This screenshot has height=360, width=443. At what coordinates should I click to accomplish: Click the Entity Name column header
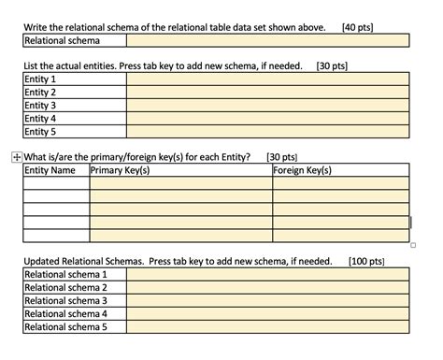click(x=50, y=170)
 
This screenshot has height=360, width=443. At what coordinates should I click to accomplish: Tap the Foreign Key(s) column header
click(x=303, y=170)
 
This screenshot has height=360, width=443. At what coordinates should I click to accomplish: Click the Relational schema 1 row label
click(x=64, y=275)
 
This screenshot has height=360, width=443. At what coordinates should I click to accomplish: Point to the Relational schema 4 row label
click(x=64, y=314)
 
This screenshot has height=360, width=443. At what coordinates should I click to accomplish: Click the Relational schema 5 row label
click(x=64, y=327)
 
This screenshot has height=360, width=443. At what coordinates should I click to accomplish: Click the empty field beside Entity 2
click(x=267, y=93)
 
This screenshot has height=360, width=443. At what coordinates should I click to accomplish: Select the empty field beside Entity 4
click(x=267, y=119)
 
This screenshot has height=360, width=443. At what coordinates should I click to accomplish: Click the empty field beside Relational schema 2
click(x=267, y=288)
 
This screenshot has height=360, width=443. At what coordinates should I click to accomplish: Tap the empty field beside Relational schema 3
click(x=267, y=301)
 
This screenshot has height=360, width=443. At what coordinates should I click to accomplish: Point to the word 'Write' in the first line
click(x=36, y=27)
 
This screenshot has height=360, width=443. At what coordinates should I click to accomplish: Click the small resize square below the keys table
click(x=412, y=246)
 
